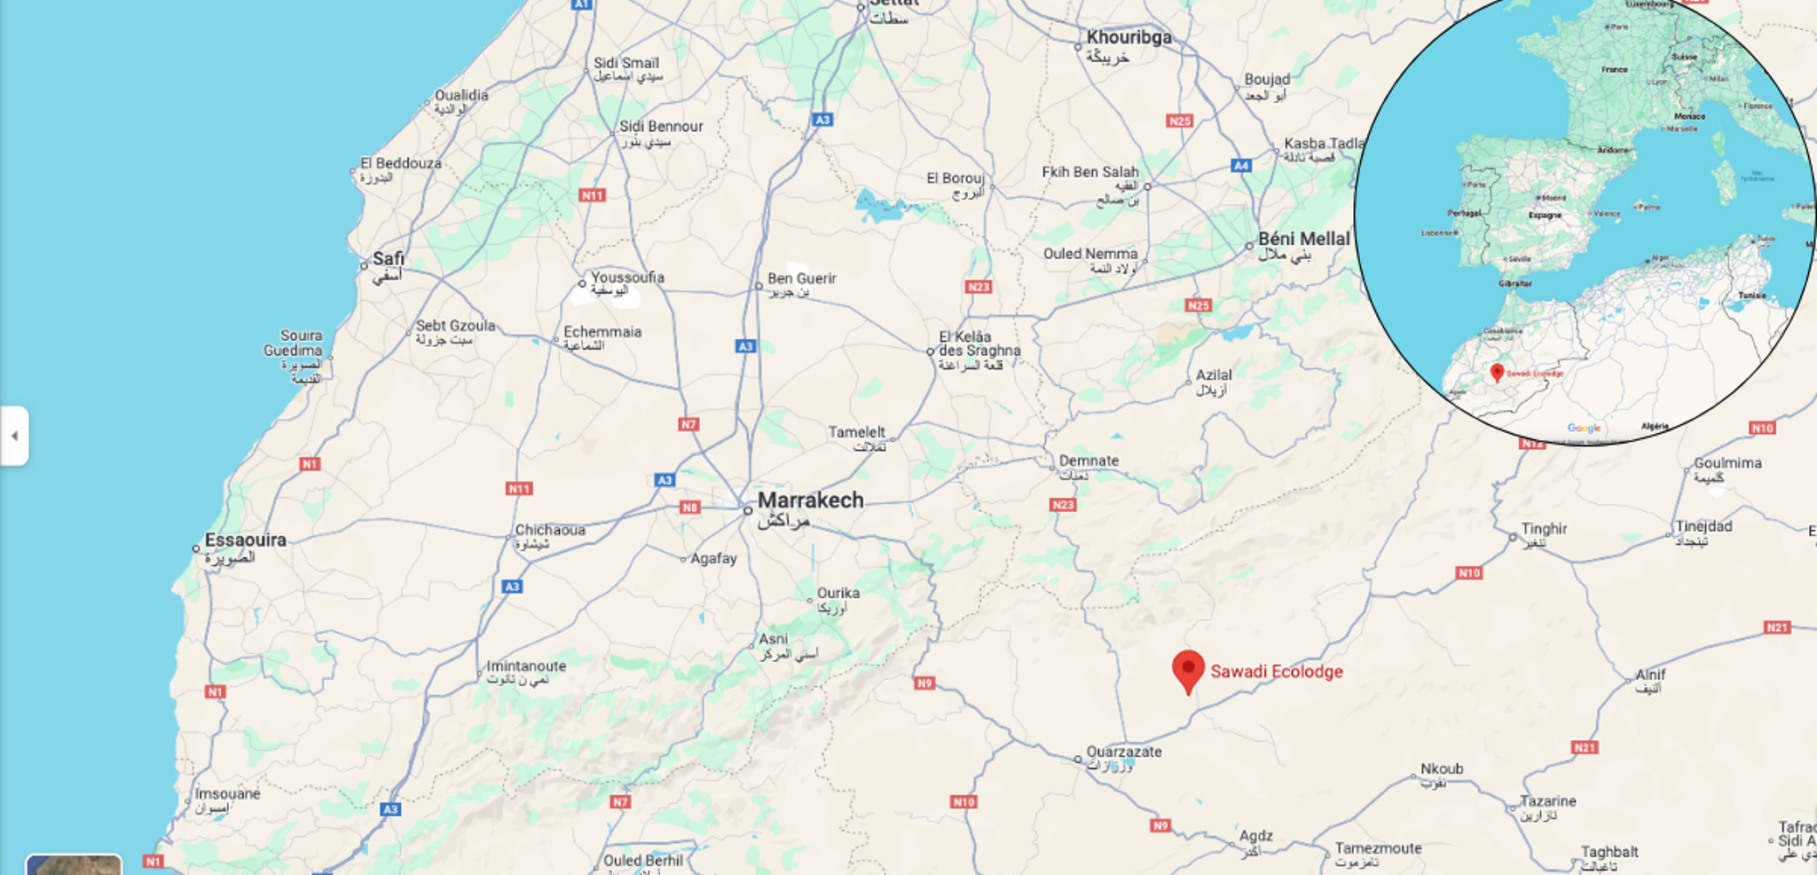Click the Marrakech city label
pos(810,501)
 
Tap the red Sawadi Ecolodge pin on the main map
pos(1188,670)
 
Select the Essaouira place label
pos(245,540)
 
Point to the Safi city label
pos(388,259)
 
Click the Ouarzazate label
pos(1123,752)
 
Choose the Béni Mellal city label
pos(1303,239)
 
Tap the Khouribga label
pos(1129,37)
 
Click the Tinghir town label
pos(1544,529)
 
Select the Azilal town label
pos(1213,375)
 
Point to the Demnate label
pos(1089,461)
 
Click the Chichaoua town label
pos(550,530)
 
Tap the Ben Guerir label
pos(801,279)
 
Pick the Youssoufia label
pos(627,277)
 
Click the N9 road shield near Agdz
pos(1160,825)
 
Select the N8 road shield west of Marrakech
pos(689,508)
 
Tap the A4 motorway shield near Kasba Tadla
pos(1241,165)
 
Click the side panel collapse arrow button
pos(14,436)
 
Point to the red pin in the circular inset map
pos(1498,372)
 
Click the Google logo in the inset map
pos(1584,429)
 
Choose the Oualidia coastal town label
pos(461,96)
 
